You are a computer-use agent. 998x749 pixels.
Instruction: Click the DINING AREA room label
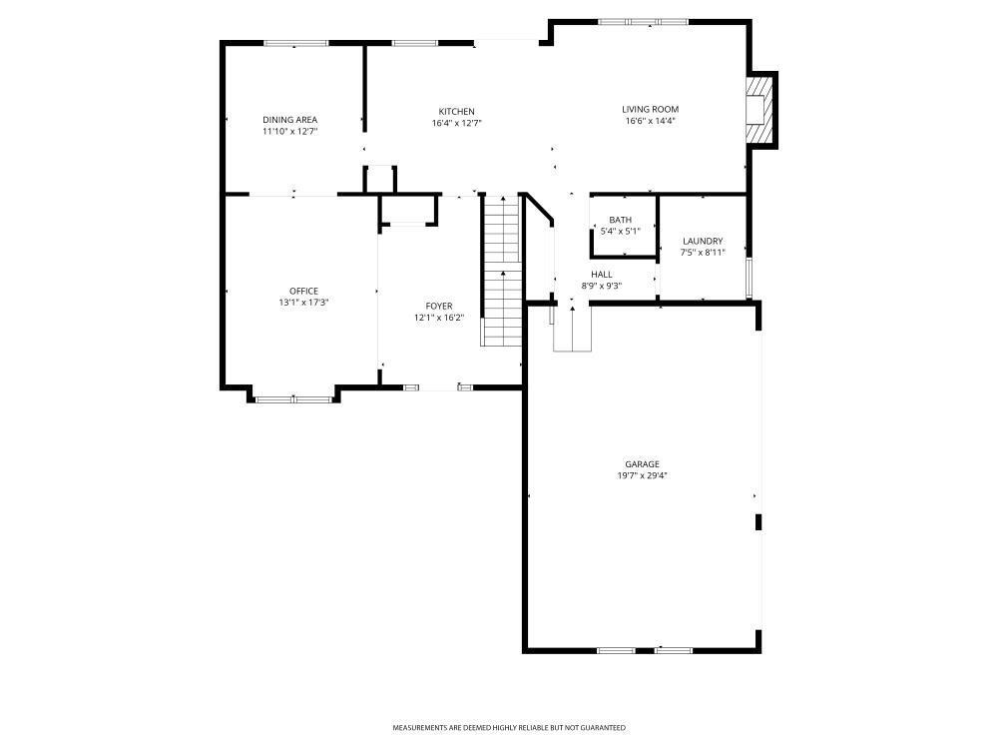pyautogui.click(x=290, y=120)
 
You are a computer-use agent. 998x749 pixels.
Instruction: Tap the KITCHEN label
pyautogui.click(x=457, y=111)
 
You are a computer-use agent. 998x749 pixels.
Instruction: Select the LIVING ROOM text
pyautogui.click(x=651, y=109)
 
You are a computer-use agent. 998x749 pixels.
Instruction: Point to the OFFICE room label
pyautogui.click(x=304, y=291)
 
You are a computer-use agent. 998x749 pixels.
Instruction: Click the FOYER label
pyautogui.click(x=439, y=306)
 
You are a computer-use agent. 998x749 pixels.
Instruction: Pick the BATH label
pyautogui.click(x=620, y=220)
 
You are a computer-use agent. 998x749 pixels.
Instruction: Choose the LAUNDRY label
pyautogui.click(x=703, y=241)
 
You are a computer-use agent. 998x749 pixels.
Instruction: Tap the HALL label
pyautogui.click(x=602, y=274)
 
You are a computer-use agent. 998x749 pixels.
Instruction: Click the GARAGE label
pyautogui.click(x=642, y=464)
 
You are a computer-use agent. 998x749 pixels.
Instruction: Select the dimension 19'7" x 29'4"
pyautogui.click(x=642, y=476)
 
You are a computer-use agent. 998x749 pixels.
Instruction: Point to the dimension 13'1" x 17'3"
pyautogui.click(x=304, y=303)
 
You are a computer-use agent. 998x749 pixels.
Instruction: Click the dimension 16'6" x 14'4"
pyautogui.click(x=651, y=121)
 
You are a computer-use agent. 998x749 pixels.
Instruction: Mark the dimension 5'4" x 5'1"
pyautogui.click(x=620, y=232)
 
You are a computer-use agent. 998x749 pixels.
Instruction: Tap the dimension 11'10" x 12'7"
pyautogui.click(x=290, y=131)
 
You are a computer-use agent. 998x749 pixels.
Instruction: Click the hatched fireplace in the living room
pyautogui.click(x=759, y=110)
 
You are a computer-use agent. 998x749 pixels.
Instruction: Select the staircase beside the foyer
pyautogui.click(x=502, y=271)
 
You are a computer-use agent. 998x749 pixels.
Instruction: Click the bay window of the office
pyautogui.click(x=293, y=399)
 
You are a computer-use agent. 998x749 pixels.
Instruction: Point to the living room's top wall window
pyautogui.click(x=656, y=22)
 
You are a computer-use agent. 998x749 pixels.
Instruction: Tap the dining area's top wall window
pyautogui.click(x=296, y=43)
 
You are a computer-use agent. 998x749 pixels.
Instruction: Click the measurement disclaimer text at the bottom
pyautogui.click(x=509, y=728)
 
